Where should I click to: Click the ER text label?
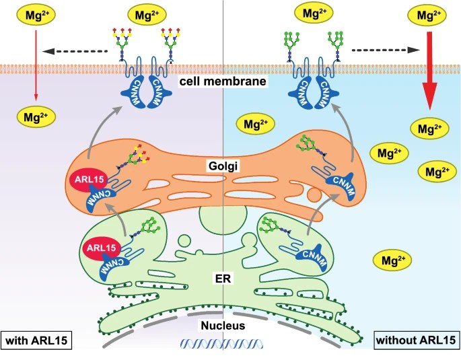(x=225, y=275)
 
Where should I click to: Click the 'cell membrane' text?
(x=225, y=81)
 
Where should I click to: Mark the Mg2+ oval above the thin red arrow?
(x=29, y=13)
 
